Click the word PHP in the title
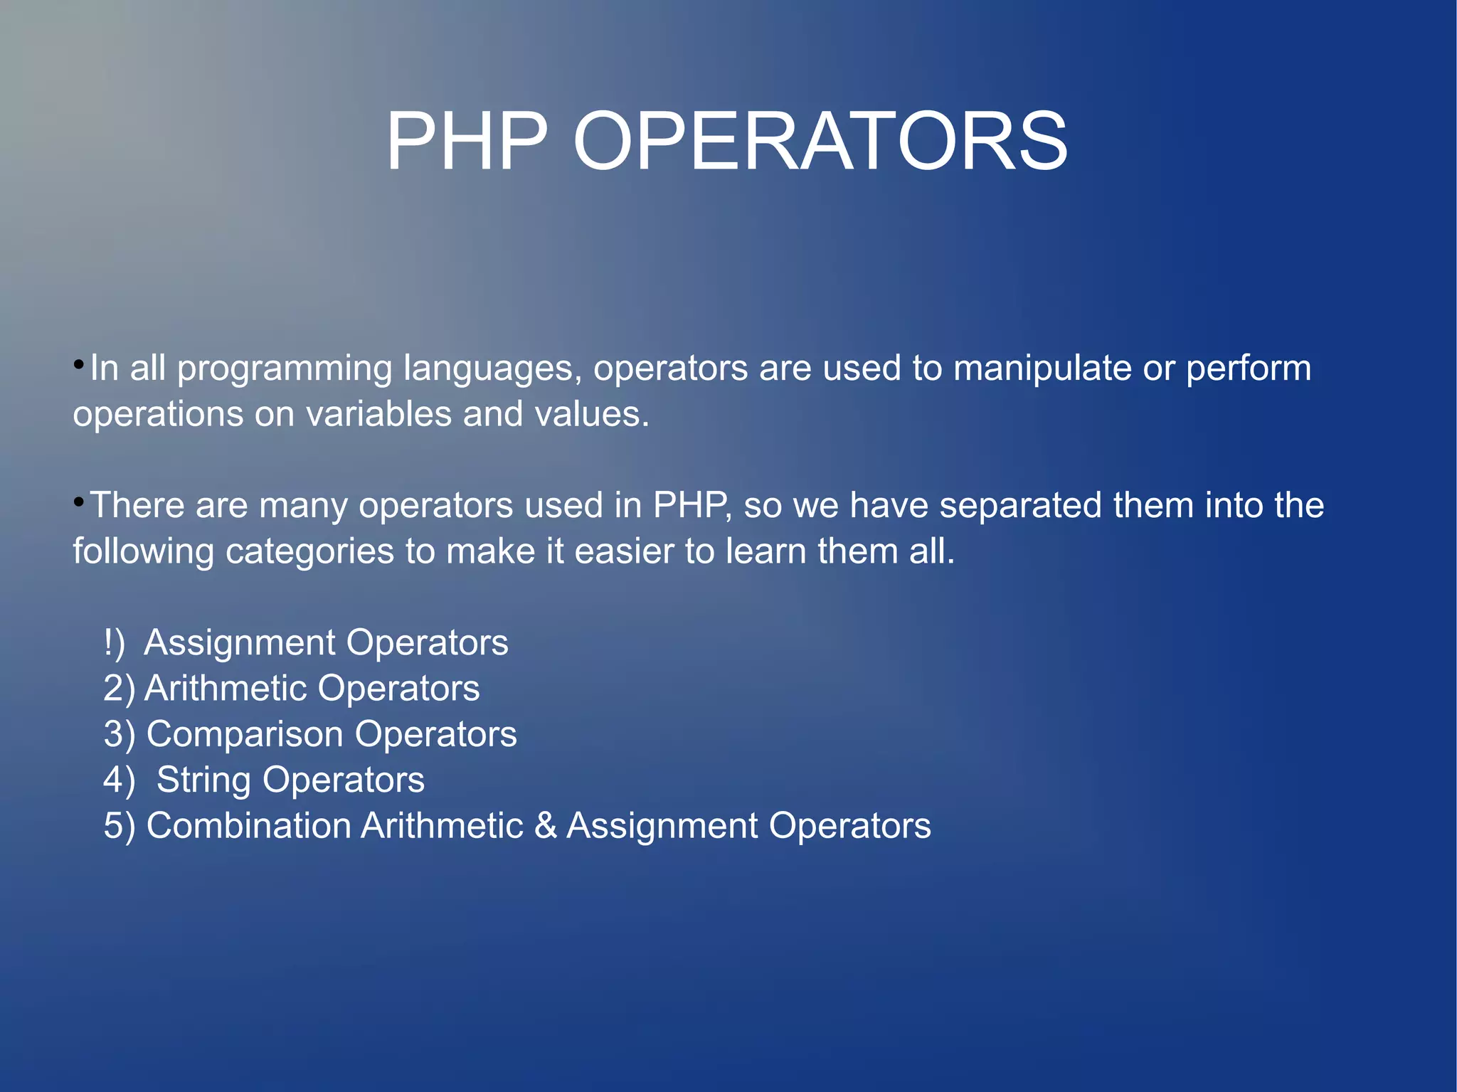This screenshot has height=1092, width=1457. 467,142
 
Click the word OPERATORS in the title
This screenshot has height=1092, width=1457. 820,142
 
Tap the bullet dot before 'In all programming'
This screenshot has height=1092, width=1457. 79,366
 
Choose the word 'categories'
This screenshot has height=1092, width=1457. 309,552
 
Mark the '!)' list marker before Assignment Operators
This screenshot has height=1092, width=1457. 114,643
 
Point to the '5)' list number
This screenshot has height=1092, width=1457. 119,826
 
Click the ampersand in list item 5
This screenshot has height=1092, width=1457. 545,826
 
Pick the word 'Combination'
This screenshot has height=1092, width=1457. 248,826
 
